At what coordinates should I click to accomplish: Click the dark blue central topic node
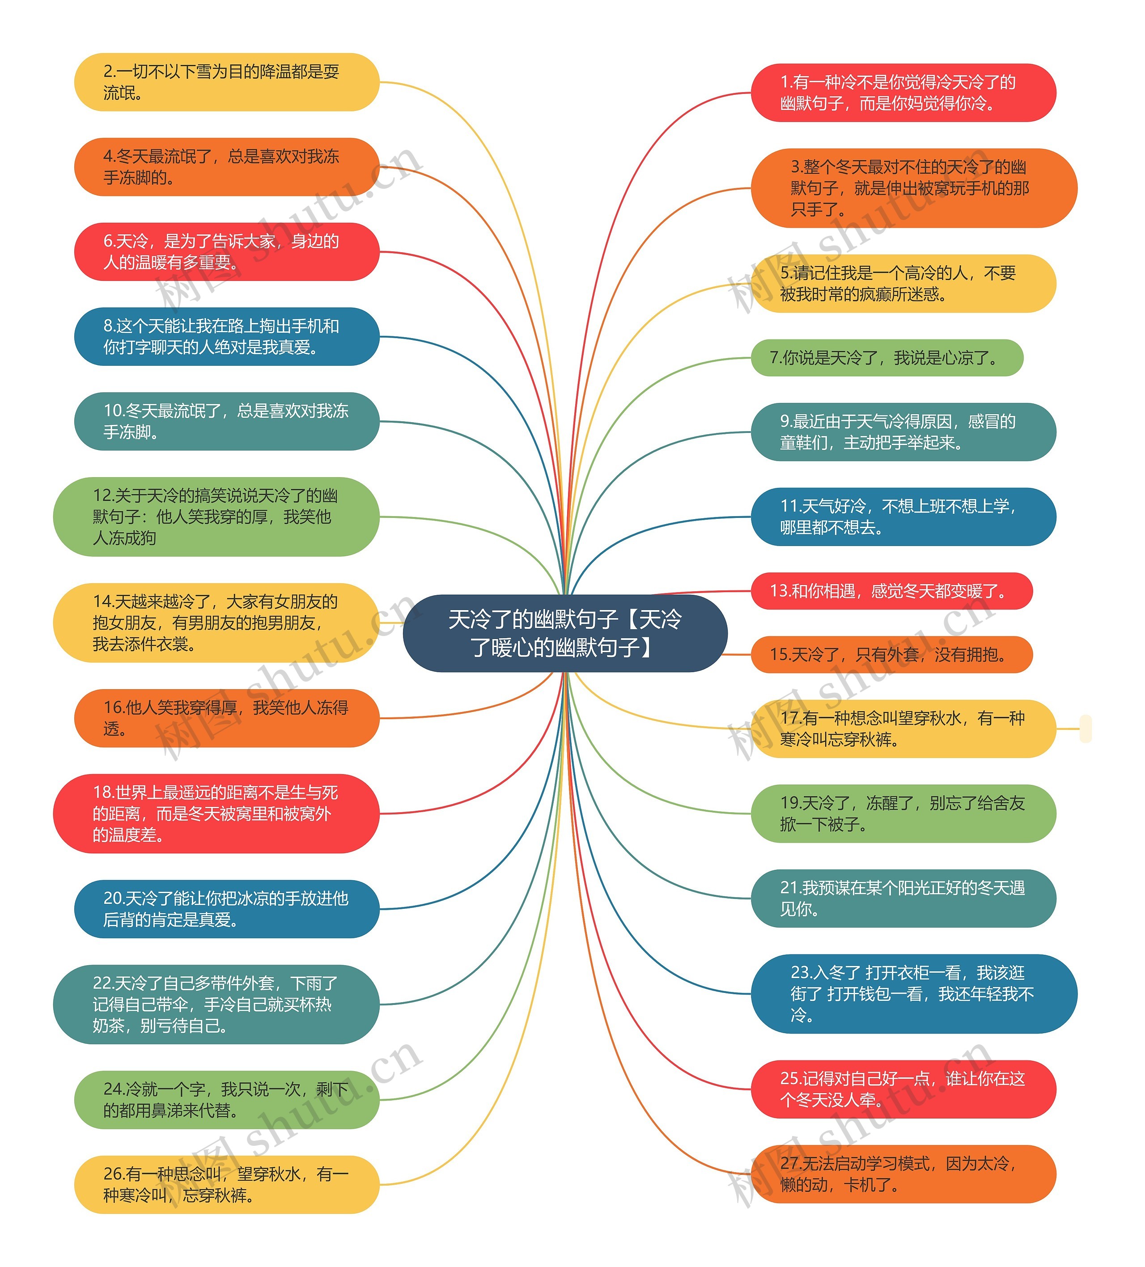coord(564,633)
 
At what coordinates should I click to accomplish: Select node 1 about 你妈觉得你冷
coord(903,93)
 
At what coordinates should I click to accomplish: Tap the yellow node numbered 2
coord(226,82)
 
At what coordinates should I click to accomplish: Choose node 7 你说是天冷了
coord(887,358)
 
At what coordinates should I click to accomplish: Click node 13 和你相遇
coord(891,591)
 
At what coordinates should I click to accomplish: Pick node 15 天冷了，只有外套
coord(891,654)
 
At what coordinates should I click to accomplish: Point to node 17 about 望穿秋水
coord(903,729)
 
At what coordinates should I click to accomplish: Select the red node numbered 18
coord(216,813)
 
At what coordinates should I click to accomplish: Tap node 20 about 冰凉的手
coord(226,909)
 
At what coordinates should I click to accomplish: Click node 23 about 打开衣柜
coord(913,994)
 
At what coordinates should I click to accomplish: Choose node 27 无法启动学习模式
coord(903,1174)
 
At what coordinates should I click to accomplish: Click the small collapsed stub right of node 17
coord(1086,729)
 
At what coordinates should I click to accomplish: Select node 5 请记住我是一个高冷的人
coord(903,284)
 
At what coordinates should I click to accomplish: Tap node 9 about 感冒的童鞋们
coord(903,432)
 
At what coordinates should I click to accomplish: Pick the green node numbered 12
coord(216,517)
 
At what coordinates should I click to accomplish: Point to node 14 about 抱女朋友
coord(216,622)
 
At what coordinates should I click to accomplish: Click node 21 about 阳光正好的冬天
coord(903,898)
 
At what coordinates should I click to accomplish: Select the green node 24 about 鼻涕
coord(226,1100)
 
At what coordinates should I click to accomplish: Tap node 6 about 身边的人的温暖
coord(226,251)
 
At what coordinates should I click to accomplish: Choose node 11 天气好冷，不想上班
coord(903,517)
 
